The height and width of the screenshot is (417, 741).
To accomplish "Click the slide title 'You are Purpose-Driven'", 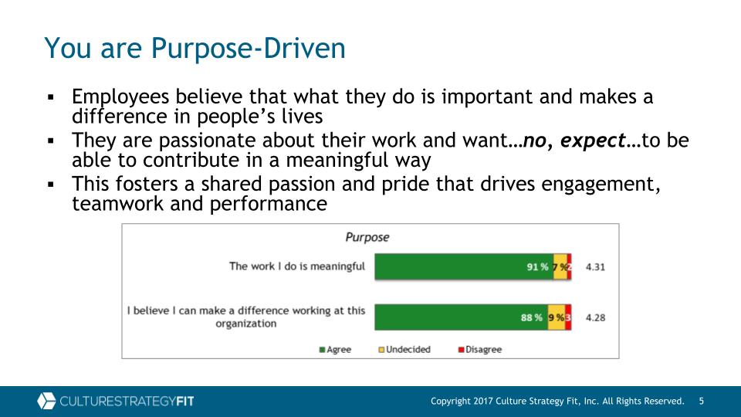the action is click(195, 48).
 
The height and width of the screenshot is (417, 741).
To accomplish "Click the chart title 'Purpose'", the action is click(367, 237).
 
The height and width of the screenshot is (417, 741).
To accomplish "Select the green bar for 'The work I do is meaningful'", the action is click(464, 266).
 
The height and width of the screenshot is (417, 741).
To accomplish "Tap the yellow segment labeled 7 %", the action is click(560, 266).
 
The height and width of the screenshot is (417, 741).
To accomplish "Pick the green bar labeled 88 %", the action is click(462, 317).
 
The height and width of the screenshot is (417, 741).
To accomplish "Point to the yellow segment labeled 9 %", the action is click(557, 317).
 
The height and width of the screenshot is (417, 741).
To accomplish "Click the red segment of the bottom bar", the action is click(568, 317).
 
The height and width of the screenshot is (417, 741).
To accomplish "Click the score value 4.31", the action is click(595, 267).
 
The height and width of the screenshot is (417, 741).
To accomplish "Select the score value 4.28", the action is click(595, 317).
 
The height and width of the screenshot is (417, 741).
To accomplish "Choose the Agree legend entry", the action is click(335, 349).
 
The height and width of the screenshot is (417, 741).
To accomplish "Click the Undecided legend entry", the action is click(404, 349).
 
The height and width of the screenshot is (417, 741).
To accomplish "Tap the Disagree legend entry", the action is click(479, 349).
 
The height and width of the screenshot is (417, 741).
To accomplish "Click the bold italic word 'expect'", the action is click(593, 141).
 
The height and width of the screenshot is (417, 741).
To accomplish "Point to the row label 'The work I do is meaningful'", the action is click(297, 266).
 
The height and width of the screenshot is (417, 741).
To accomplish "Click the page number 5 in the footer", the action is click(702, 401).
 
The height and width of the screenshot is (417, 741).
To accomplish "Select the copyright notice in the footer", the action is click(557, 401).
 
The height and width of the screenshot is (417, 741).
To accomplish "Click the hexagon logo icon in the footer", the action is click(46, 401).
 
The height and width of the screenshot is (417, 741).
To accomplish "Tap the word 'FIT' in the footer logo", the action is click(184, 402).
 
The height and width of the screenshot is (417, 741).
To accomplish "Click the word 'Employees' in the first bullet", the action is click(120, 97).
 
